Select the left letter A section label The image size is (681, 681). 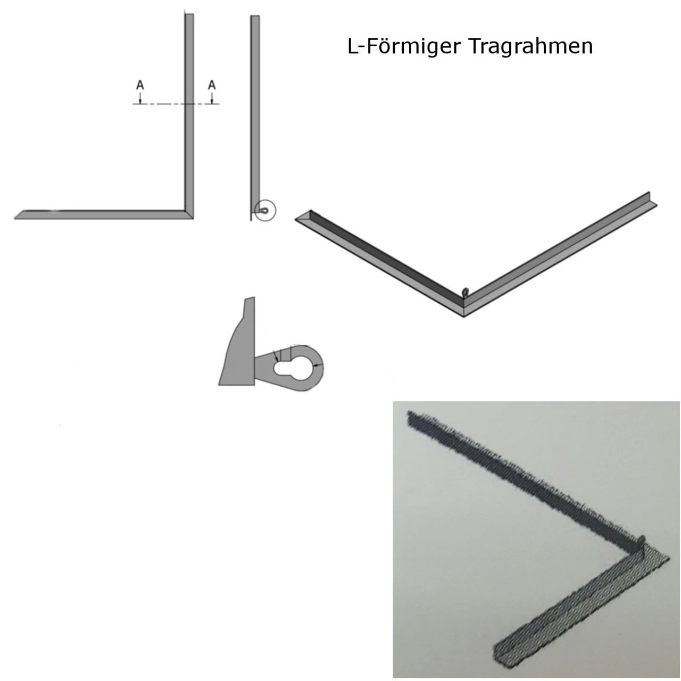140,85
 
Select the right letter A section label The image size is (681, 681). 212,85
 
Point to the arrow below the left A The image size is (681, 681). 140,98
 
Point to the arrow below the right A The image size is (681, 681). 212,98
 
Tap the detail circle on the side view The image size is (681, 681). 265,211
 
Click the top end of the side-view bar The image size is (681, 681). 255,18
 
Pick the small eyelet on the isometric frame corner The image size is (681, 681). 467,292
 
